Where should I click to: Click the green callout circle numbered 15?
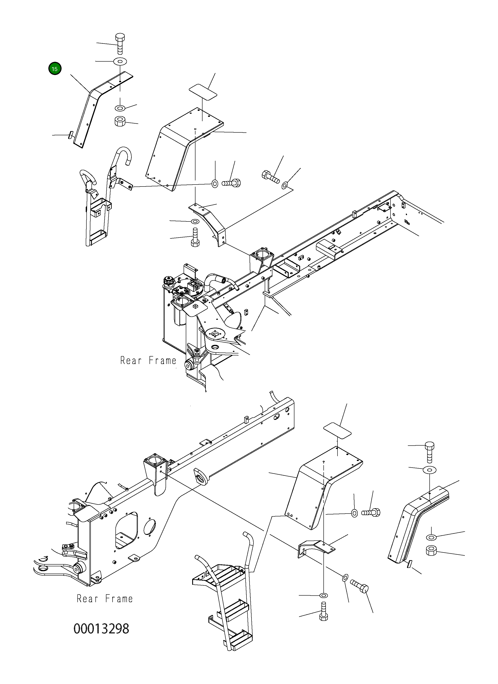pyautogui.click(x=55, y=69)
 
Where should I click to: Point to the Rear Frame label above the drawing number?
pyautogui.click(x=105, y=599)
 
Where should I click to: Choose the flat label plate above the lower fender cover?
pyautogui.click(x=337, y=432)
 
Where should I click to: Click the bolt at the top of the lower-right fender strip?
pyautogui.click(x=430, y=452)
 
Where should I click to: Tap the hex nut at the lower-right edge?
pyautogui.click(x=432, y=551)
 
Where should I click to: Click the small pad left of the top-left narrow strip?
pyautogui.click(x=70, y=135)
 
